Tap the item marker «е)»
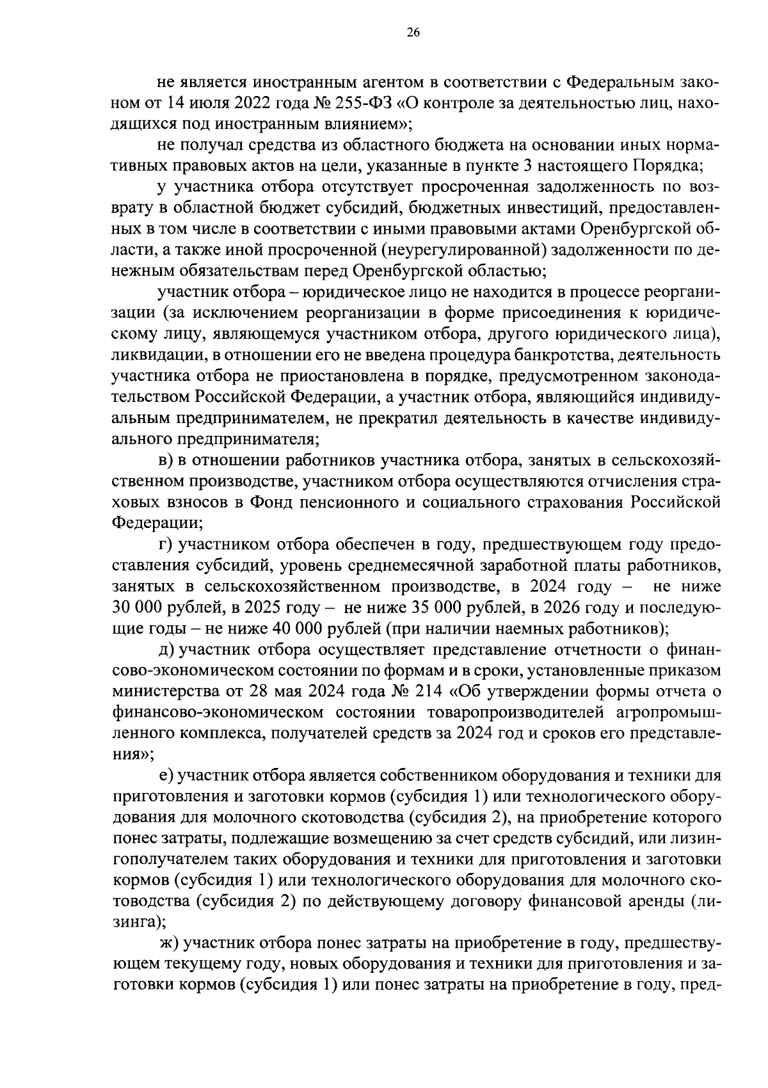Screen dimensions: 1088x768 coord(166,776)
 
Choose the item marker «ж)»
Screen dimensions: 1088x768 coord(169,943)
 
